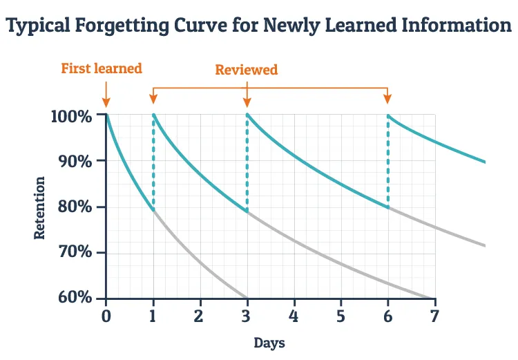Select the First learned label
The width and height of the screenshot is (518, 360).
click(x=102, y=68)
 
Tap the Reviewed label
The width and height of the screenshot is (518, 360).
click(x=247, y=70)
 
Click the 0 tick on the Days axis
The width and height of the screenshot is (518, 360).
click(x=106, y=316)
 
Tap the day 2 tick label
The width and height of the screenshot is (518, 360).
click(x=200, y=316)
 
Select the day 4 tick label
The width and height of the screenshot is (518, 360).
click(x=294, y=316)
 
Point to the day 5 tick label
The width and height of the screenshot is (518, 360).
click(x=340, y=316)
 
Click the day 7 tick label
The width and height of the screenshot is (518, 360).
click(x=434, y=316)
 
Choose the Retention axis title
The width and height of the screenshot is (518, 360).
click(x=40, y=208)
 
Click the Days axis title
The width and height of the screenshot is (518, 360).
click(x=269, y=343)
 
